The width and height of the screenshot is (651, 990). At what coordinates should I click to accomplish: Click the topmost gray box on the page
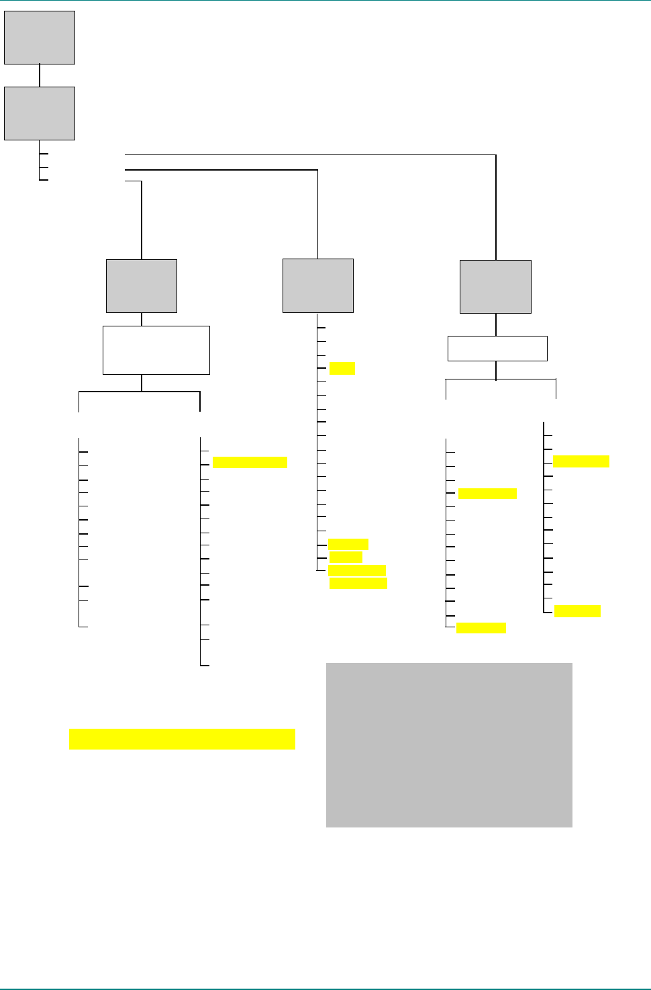[40, 38]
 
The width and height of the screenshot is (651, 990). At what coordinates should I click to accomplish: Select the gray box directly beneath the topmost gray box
[40, 114]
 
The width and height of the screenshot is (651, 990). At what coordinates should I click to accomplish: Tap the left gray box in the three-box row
[142, 286]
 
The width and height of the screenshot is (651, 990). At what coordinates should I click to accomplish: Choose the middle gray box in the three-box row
[318, 286]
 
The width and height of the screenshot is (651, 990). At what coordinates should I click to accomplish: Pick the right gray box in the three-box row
[495, 287]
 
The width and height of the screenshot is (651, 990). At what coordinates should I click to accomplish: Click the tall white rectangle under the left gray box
[156, 350]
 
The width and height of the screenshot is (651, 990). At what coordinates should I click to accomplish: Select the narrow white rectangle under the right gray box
[497, 349]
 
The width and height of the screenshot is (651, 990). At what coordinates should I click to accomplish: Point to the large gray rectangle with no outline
[449, 745]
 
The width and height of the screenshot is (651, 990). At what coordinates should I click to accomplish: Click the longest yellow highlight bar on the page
[182, 739]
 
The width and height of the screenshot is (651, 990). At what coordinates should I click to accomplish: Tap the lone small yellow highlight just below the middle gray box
[342, 368]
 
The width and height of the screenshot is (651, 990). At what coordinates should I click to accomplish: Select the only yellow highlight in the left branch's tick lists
[250, 462]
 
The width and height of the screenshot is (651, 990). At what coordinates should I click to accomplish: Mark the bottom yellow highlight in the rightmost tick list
[577, 611]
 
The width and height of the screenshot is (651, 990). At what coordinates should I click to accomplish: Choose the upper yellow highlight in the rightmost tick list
[581, 461]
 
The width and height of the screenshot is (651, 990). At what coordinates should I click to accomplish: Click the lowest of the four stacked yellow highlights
[358, 583]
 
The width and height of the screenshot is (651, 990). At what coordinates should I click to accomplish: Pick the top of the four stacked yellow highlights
[348, 544]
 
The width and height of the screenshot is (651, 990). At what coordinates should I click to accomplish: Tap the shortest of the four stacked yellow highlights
[346, 557]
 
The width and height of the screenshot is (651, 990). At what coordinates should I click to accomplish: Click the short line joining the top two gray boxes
[40, 75]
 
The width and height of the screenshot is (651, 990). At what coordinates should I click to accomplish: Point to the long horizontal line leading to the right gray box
[309, 155]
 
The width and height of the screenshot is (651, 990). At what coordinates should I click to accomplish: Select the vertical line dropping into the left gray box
[142, 220]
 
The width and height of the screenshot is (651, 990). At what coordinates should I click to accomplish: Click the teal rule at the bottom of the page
[325, 989]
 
